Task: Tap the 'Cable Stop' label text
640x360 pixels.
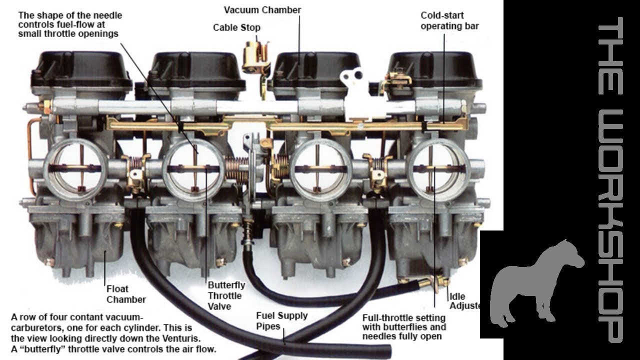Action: coord(236,27)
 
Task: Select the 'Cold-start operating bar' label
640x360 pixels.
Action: coord(449,21)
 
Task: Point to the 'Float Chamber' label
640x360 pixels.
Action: coord(125,294)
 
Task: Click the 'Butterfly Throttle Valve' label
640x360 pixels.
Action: coord(226,295)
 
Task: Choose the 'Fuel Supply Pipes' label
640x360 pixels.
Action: coord(281,321)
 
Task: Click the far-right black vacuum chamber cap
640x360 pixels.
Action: coord(435,70)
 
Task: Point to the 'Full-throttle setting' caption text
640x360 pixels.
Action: coord(403,317)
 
